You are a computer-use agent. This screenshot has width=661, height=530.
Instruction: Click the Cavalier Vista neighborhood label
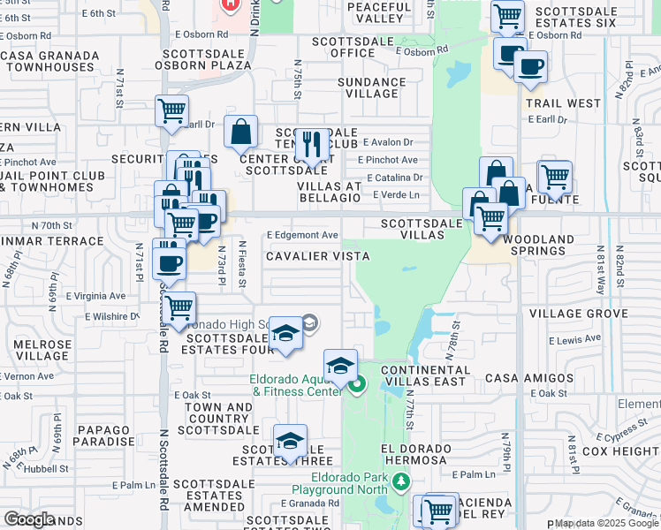point(318,255)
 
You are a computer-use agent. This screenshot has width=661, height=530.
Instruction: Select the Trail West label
point(563,103)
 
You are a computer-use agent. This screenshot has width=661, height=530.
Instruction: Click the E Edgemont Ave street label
point(303,235)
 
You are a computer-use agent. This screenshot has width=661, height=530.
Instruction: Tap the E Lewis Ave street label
point(574,340)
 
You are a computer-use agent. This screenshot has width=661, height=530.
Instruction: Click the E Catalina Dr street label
point(393,178)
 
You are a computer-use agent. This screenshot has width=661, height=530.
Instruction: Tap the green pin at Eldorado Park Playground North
point(402,482)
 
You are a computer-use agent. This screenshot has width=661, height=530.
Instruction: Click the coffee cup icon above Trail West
point(530,67)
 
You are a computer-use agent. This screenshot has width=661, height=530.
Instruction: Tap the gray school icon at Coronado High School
point(308,324)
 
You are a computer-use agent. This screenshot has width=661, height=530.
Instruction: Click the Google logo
point(29,519)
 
